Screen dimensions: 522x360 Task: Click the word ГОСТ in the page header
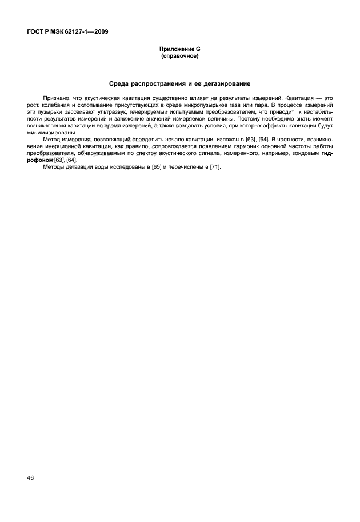coord(35,31)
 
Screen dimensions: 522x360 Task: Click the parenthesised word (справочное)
coord(180,57)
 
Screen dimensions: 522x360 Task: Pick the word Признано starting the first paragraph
coord(55,99)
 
